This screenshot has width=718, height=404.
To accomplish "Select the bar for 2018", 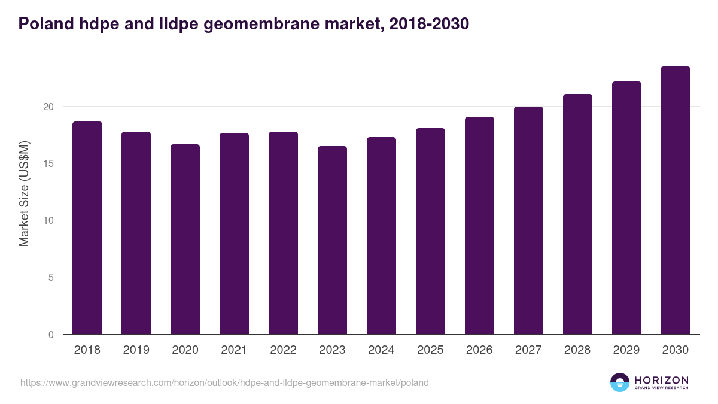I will (87, 228).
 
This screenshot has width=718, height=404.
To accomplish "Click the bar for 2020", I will (185, 239).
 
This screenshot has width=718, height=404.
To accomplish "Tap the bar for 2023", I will (332, 240).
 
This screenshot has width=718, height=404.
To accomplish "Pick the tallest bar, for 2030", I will (676, 201).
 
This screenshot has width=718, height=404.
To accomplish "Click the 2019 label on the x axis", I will (136, 350).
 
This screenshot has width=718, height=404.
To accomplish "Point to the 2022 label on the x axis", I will (283, 350).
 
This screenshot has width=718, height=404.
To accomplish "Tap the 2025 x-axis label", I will (430, 350).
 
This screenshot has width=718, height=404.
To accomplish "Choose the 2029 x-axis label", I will (626, 350).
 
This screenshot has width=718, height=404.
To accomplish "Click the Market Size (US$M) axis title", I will (25, 193).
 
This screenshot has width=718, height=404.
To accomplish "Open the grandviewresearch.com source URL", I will (224, 382).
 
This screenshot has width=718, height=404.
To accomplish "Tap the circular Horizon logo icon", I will (620, 382).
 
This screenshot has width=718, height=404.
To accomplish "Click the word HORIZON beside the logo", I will (662, 380).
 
